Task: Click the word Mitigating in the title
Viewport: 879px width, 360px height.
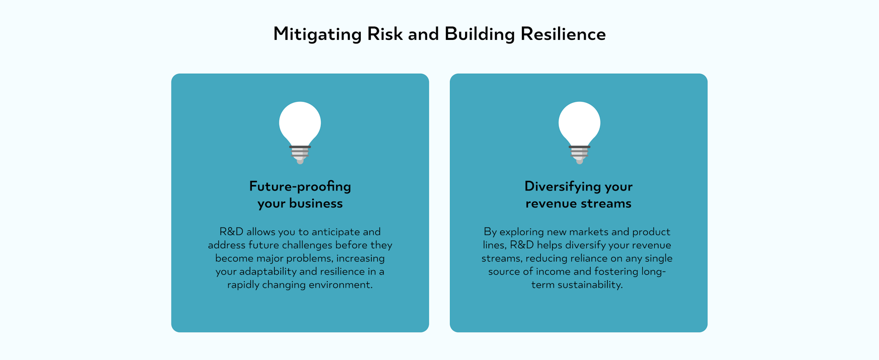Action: (317, 34)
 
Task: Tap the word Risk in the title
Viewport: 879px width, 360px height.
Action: (385, 34)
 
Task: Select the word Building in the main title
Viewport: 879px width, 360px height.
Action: (479, 34)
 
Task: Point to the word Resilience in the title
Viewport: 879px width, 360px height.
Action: (563, 34)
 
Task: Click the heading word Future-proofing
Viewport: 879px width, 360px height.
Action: (300, 186)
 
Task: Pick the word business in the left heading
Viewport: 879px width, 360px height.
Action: (316, 203)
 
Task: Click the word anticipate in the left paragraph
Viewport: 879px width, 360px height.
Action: (336, 232)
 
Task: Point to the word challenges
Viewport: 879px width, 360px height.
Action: (307, 245)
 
